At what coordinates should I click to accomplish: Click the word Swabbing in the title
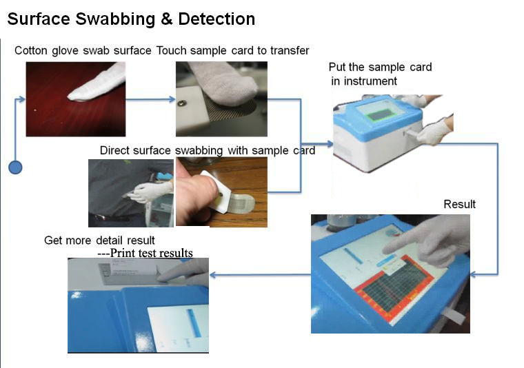coord(113,19)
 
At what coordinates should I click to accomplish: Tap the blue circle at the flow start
coord(15,167)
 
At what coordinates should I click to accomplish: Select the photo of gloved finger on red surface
coord(76,99)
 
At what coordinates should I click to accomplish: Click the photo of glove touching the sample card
coord(221,99)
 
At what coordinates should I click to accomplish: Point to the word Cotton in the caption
coord(31,50)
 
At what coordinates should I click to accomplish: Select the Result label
coord(459,204)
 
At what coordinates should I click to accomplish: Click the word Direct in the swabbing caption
coord(115,150)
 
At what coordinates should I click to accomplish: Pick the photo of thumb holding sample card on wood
coord(221,191)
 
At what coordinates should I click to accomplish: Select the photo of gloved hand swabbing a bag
coord(130,193)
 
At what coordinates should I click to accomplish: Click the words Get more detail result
coord(99,241)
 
